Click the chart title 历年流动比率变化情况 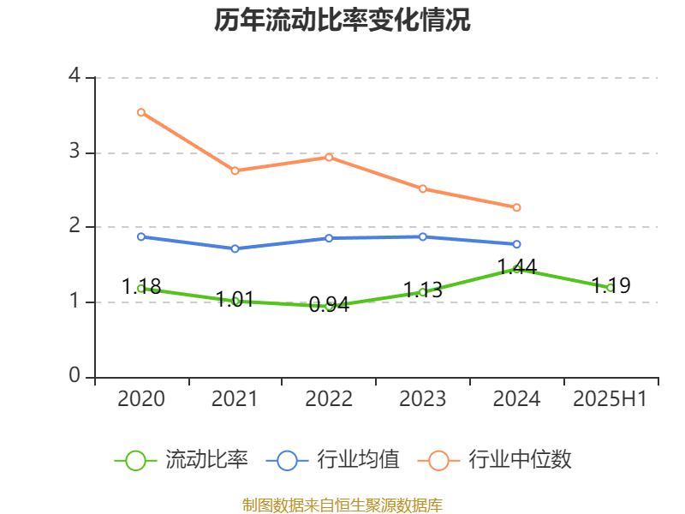click(342, 21)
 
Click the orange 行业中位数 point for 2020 click(141, 112)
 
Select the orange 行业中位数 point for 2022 click(329, 157)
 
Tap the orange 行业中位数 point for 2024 click(517, 207)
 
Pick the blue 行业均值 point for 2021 click(235, 248)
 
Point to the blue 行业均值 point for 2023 click(423, 236)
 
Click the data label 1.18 click(141, 287)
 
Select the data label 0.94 click(329, 304)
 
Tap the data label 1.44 click(517, 267)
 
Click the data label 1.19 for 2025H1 click(611, 286)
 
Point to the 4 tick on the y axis click(74, 77)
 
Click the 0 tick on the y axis click(74, 377)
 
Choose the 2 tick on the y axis click(74, 227)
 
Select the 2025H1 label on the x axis click(611, 399)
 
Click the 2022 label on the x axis click(329, 399)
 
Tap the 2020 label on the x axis click(141, 399)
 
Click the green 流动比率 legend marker click(135, 461)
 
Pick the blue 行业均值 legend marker click(287, 461)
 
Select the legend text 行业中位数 click(519, 461)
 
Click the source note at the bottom click(342, 505)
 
